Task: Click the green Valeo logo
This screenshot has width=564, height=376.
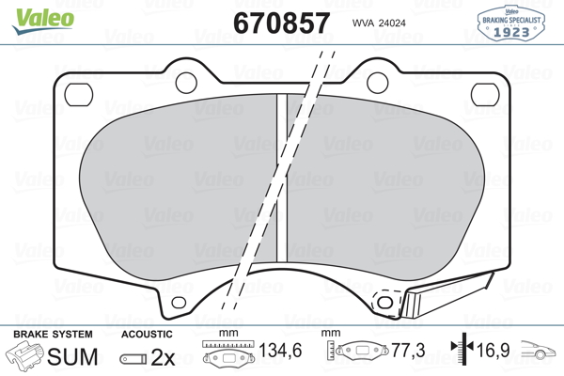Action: pyautogui.click(x=43, y=21)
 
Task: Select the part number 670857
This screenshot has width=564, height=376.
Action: pyautogui.click(x=281, y=23)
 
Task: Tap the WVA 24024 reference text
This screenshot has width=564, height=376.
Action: pyautogui.click(x=379, y=23)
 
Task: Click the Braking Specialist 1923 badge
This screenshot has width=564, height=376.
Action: pyautogui.click(x=511, y=23)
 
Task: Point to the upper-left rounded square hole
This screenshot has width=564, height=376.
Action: pyautogui.click(x=78, y=95)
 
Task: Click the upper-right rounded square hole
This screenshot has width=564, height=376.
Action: pyautogui.click(x=485, y=95)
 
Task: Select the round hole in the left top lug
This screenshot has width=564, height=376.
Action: pyautogui.click(x=186, y=83)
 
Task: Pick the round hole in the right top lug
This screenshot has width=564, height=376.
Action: pyautogui.click(x=377, y=83)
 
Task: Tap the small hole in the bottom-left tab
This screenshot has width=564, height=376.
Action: pyautogui.click(x=179, y=303)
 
